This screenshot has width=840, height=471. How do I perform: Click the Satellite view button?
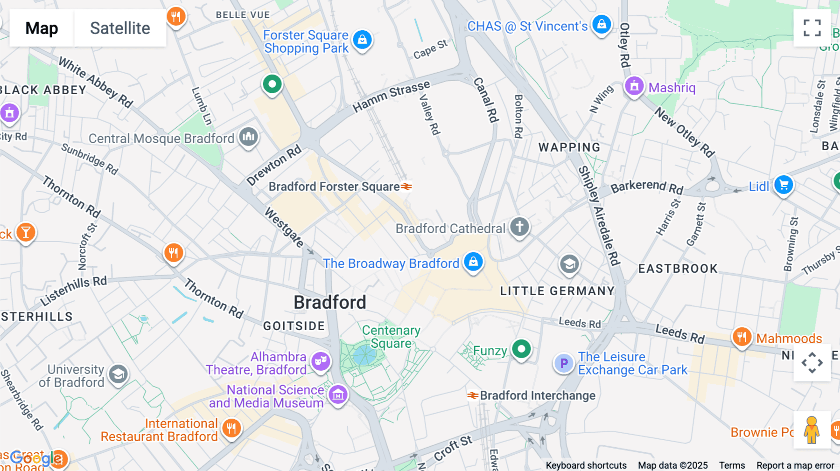coord(120,28)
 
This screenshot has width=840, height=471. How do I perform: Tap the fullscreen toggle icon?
coord(812,28)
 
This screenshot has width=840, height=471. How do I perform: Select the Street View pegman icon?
coord(812,429)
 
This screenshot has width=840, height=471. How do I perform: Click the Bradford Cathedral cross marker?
coord(519,227)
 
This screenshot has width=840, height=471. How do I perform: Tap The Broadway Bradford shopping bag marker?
coord(473,262)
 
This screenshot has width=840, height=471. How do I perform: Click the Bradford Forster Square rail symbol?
coord(406,187)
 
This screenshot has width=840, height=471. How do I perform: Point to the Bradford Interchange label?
coord(537,395)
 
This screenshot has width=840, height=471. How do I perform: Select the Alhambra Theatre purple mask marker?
coord(321,361)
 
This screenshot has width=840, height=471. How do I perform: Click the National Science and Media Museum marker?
coord(338,395)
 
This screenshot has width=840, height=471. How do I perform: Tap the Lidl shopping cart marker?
coord(784,185)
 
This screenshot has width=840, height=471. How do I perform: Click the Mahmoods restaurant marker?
coord(742,337)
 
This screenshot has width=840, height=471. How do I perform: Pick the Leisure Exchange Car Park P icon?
coord(564,363)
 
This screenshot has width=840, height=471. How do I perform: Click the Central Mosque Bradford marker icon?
coord(249,137)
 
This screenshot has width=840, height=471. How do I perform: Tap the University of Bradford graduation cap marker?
coord(118,374)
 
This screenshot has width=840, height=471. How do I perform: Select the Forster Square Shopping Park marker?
coord(362,40)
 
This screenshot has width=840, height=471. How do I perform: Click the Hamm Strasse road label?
coord(391,97)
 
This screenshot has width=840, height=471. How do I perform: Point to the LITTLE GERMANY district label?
coord(557,291)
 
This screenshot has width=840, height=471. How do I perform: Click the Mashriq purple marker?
coord(634,86)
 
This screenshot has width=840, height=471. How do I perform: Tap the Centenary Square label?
coord(391,337)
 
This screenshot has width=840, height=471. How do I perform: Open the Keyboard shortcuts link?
coord(586,465)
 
